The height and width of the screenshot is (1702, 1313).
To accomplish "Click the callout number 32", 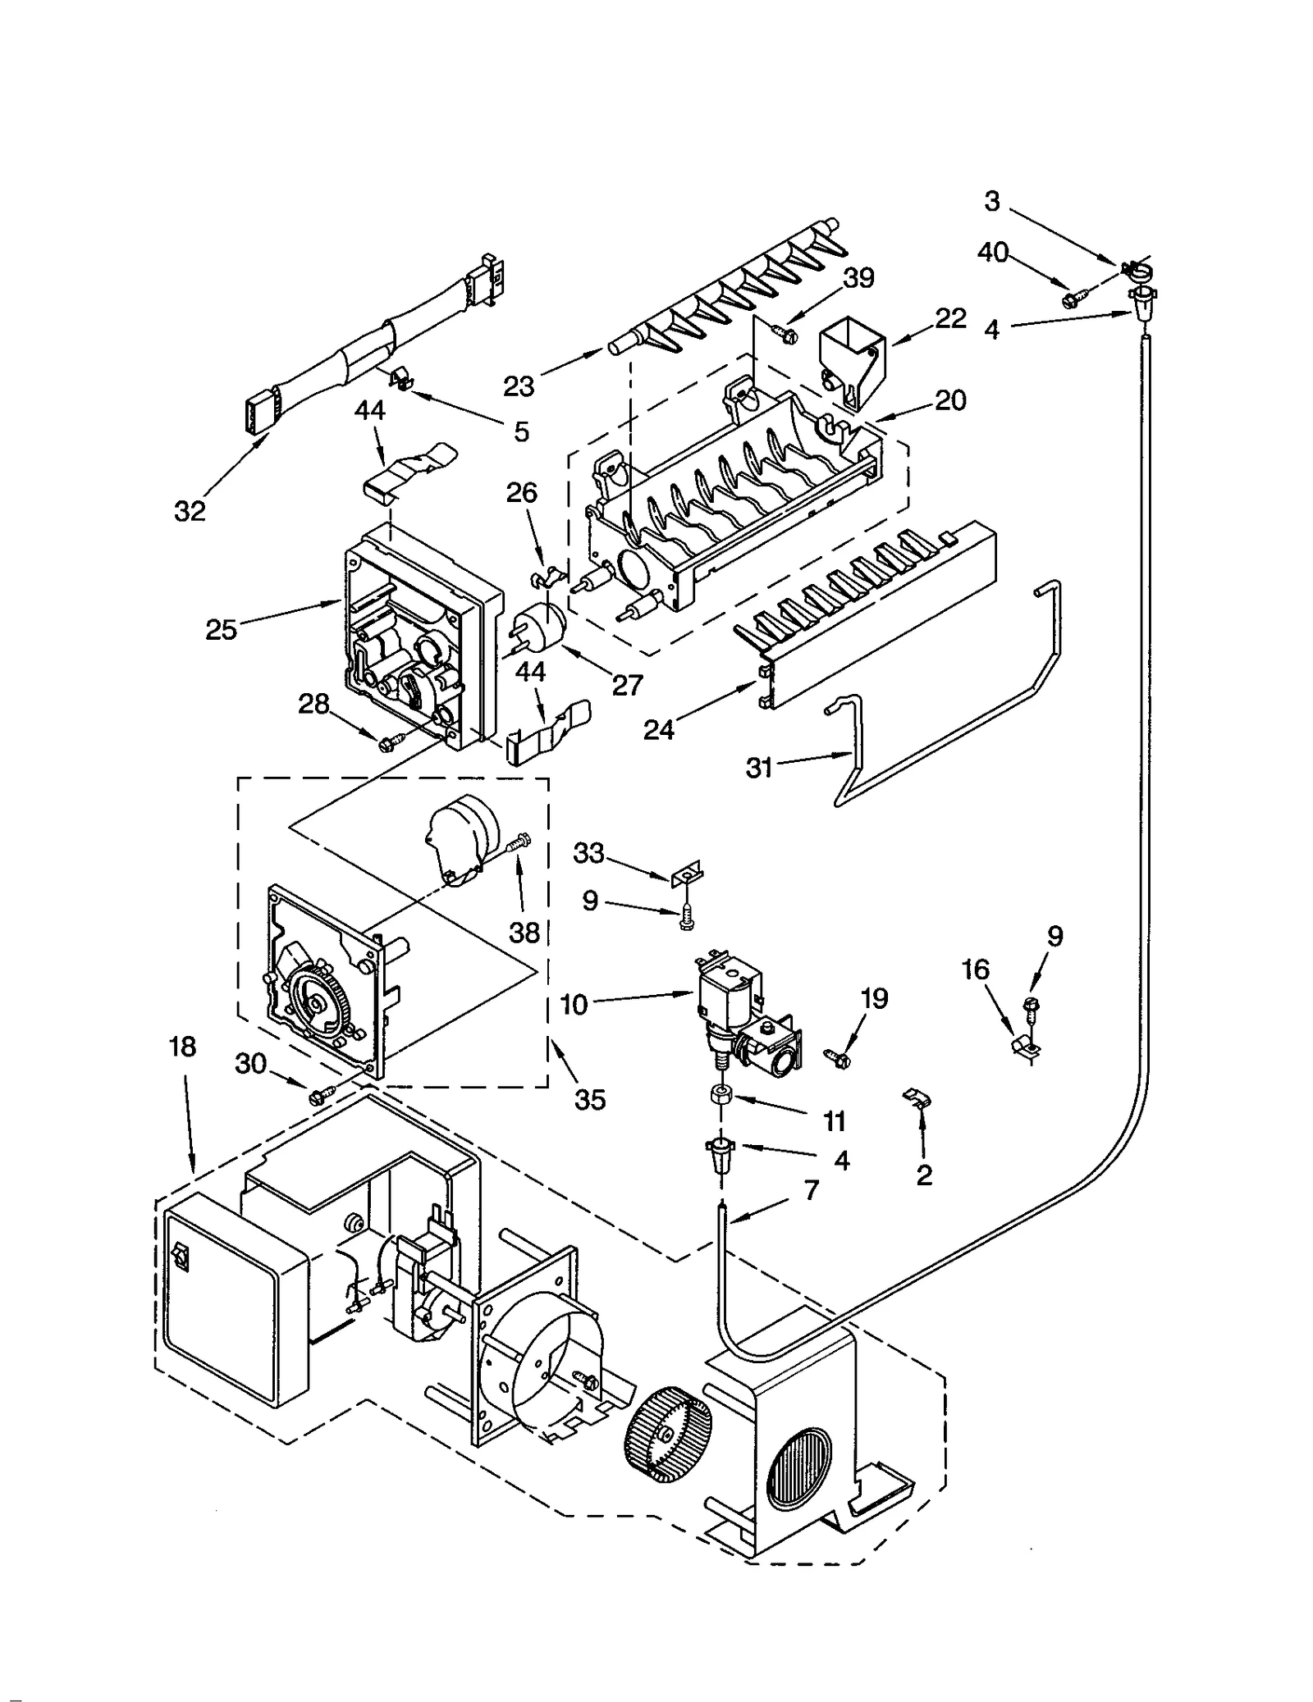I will click(x=190, y=511).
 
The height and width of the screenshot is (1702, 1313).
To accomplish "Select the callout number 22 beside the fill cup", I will click(x=950, y=318).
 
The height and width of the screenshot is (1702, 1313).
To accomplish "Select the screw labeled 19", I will click(x=840, y=1059).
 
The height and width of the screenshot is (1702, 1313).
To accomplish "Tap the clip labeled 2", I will click(x=918, y=1098).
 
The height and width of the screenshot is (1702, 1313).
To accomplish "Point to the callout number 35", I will click(x=589, y=1099).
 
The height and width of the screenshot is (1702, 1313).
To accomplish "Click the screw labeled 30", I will click(x=320, y=1094).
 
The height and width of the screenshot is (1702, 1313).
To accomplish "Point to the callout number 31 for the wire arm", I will click(x=760, y=768).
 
